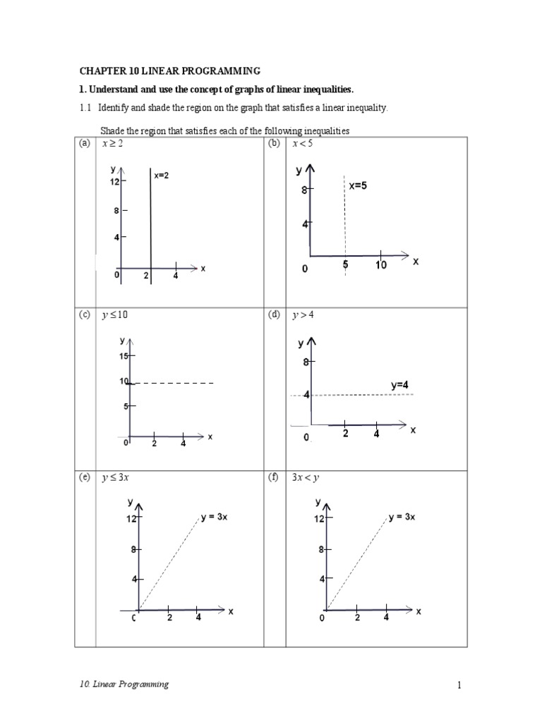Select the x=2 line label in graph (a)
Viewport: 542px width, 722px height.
(162, 176)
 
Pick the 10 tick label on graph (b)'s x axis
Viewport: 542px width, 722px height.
(381, 266)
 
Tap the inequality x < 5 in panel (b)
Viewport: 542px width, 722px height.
(303, 144)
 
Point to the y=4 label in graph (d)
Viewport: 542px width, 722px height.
(399, 385)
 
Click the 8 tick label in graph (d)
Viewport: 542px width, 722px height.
(306, 362)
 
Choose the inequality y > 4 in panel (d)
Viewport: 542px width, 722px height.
(303, 315)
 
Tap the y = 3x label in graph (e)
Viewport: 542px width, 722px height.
(214, 517)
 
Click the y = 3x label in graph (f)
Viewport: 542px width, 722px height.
(402, 517)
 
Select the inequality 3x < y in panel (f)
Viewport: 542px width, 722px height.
(306, 477)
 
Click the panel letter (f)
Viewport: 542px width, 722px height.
(274, 477)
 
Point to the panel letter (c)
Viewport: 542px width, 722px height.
(85, 315)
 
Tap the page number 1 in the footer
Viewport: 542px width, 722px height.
(458, 685)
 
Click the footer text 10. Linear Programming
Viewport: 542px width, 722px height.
(124, 685)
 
